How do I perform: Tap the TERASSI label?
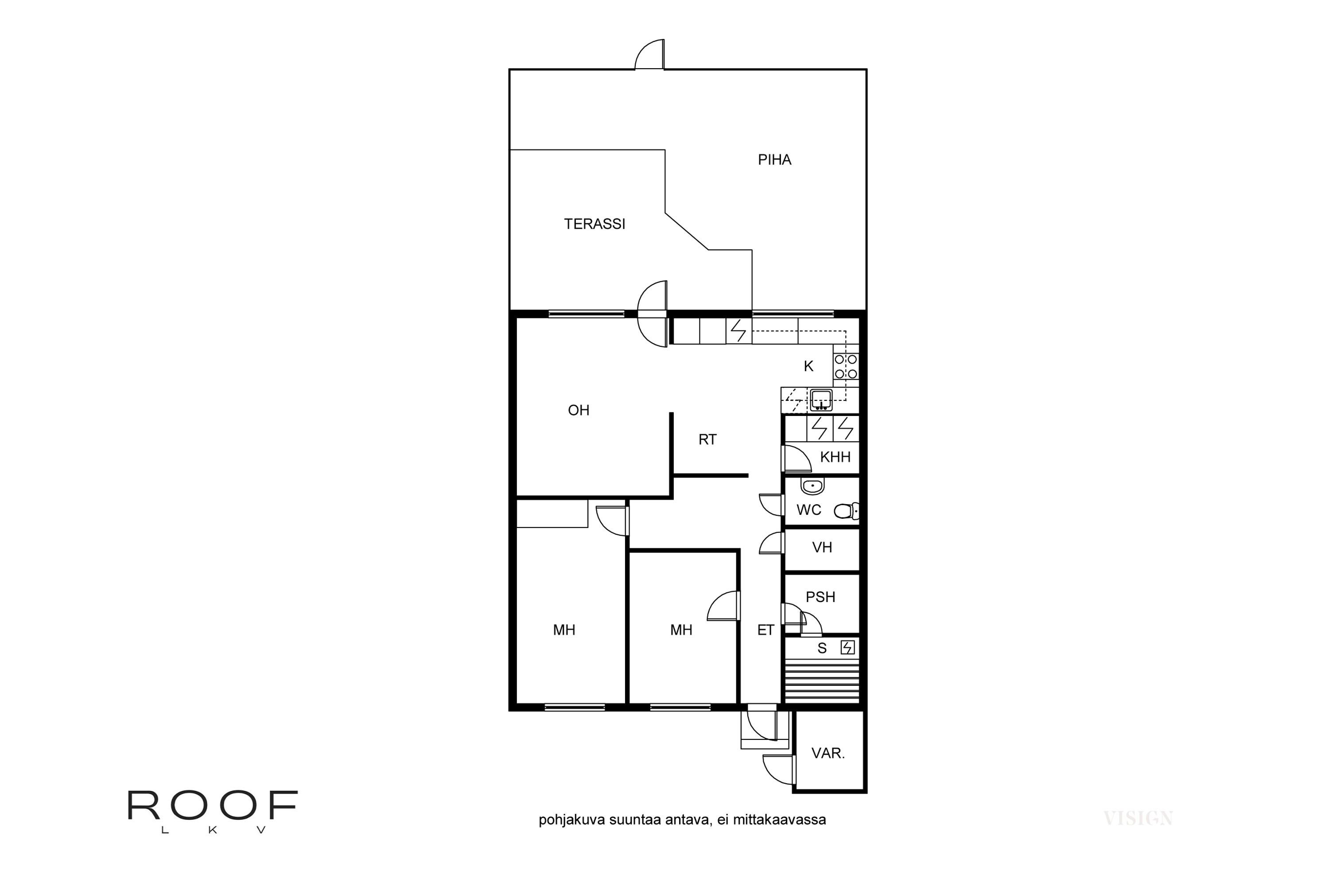pyautogui.click(x=595, y=224)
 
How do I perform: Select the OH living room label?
pyautogui.click(x=579, y=410)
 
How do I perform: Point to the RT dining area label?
pyautogui.click(x=707, y=439)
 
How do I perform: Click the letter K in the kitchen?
pyautogui.click(x=808, y=366)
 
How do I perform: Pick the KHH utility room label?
pyautogui.click(x=835, y=457)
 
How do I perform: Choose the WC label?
pyautogui.click(x=808, y=510)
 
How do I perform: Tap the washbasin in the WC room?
pyautogui.click(x=812, y=486)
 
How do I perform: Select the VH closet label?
pyautogui.click(x=822, y=548)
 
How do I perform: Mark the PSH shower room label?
pyautogui.click(x=820, y=597)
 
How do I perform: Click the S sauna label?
pyautogui.click(x=822, y=649)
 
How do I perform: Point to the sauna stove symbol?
pyautogui.click(x=847, y=648)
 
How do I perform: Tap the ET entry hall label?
pyautogui.click(x=766, y=630)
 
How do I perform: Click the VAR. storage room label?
pyautogui.click(x=828, y=753)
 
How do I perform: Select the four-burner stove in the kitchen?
pyautogui.click(x=846, y=366)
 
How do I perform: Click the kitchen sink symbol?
pyautogui.click(x=821, y=400)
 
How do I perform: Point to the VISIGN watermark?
pyautogui.click(x=1138, y=818)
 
